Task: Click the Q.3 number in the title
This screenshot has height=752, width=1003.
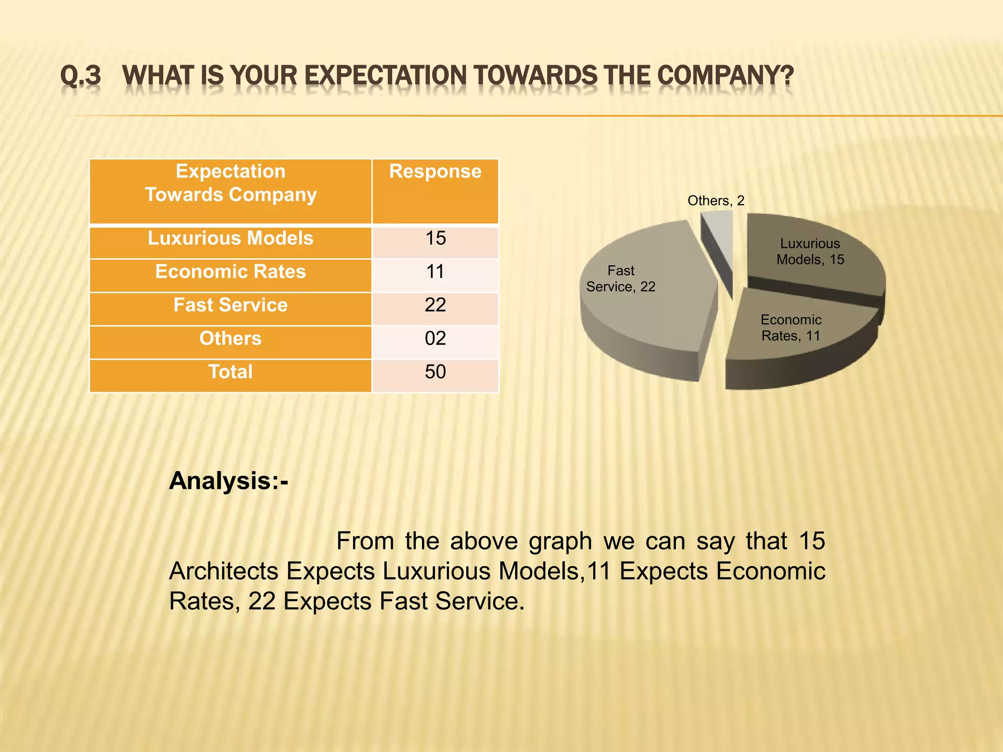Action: [80, 76]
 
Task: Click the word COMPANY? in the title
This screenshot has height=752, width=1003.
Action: [725, 76]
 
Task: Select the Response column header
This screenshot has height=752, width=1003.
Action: [435, 172]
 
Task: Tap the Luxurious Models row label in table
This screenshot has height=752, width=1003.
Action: [230, 238]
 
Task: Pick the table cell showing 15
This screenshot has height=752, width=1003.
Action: [435, 238]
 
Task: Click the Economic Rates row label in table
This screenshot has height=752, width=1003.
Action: [230, 272]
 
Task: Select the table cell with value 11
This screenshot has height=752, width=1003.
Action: [435, 272]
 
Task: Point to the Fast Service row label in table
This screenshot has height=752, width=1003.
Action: [230, 305]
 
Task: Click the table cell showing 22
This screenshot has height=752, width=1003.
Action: [435, 305]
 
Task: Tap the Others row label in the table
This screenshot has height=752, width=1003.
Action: [230, 338]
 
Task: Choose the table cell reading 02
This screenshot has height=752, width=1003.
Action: [435, 338]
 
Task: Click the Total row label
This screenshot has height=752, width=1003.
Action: [230, 372]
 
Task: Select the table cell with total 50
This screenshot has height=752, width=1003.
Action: [435, 372]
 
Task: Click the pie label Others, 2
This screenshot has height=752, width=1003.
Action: [716, 201]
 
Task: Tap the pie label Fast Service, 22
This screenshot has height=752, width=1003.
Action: [621, 279]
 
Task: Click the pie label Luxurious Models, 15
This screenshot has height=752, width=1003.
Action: [810, 251]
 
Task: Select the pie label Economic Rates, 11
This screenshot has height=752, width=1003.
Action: [790, 328]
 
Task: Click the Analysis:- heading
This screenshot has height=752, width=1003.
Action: [229, 481]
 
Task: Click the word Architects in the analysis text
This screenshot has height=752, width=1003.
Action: [223, 571]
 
